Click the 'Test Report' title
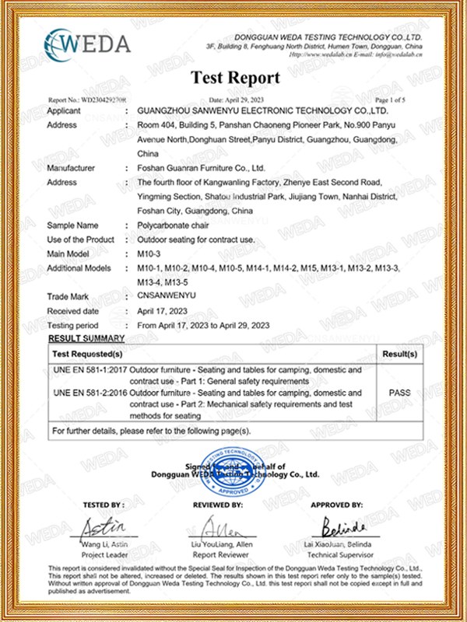(234, 78)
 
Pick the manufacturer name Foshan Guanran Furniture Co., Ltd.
(201, 168)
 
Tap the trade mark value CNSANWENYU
(165, 296)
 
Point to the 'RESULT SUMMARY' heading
(86, 339)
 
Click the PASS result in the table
(399, 393)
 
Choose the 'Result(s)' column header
(399, 354)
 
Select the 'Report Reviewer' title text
(223, 556)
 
